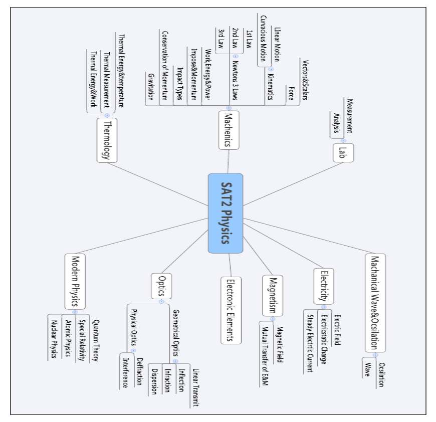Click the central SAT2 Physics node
pyautogui.click(x=226, y=213)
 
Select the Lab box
pyautogui.click(x=343, y=153)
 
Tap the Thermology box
pyautogui.click(x=107, y=140)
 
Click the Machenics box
pyautogui.click(x=229, y=130)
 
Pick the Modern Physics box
pyautogui.click(x=75, y=281)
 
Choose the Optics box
pyautogui.click(x=161, y=286)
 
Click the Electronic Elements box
pyautogui.click(x=231, y=310)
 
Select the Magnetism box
pyautogui.click(x=273, y=296)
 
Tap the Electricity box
pyautogui.click(x=324, y=286)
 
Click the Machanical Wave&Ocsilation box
pyautogui.click(x=375, y=303)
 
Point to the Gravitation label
pyautogui.click(x=150, y=87)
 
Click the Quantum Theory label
pyautogui.click(x=95, y=340)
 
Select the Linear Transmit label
pyautogui.click(x=196, y=387)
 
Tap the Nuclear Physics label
pyautogui.click(x=54, y=339)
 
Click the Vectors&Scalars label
pyautogui.click(x=305, y=80)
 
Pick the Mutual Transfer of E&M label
pyautogui.click(x=265, y=356)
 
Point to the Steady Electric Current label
pyautogui.click(x=310, y=343)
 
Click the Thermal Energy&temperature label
pyautogui.click(x=121, y=71)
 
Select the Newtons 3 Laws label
pyautogui.click(x=235, y=80)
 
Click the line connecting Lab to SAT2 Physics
pyautogui.click(x=293, y=184)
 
